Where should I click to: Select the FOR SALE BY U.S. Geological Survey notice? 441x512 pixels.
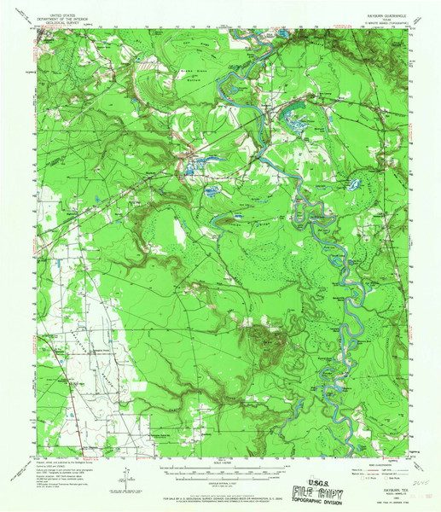tap(220, 492)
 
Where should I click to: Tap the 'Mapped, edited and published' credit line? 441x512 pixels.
tap(60, 463)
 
